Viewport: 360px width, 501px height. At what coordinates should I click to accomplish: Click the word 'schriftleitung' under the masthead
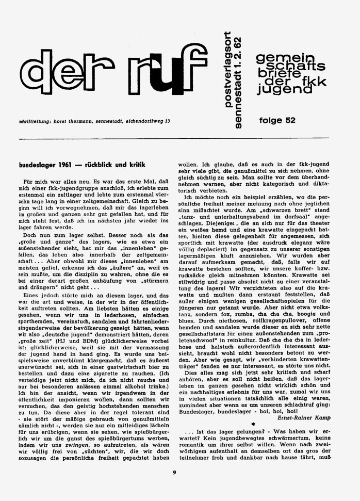tap(36, 122)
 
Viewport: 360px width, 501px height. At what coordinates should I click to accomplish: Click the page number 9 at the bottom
tap(175, 484)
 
